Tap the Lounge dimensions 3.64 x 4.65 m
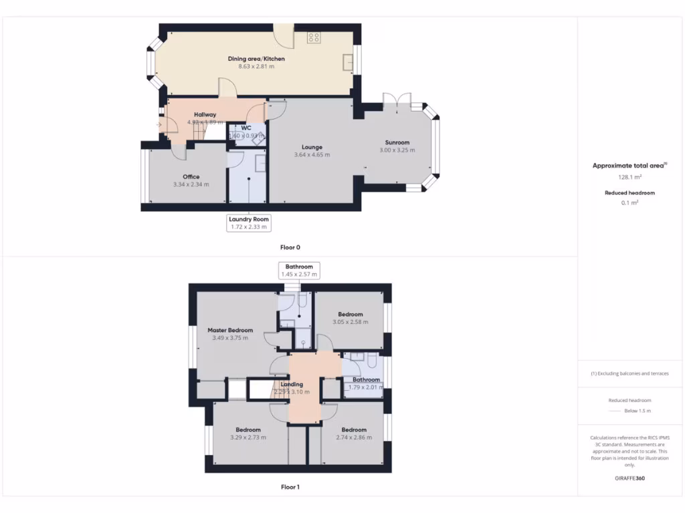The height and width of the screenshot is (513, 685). coord(312,155)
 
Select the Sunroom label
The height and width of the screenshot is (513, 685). coord(397,142)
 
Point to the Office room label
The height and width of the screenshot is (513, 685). coord(191,177)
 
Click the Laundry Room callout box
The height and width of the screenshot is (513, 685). coord(250,223)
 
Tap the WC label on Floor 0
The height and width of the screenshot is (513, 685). coord(246,128)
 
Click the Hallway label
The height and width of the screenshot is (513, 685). coord(205,115)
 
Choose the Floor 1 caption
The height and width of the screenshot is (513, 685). coord(290,487)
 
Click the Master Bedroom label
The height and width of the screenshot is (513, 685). coord(230,330)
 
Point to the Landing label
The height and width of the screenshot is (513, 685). coord(292,384)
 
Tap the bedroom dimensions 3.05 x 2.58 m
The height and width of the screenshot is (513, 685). coord(351,323)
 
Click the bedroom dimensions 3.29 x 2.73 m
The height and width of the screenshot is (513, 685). coord(248,438)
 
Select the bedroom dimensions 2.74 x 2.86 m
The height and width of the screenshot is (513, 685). coord(354,438)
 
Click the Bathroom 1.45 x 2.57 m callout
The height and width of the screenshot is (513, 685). coord(298,271)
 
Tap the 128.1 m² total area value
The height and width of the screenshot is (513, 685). coord(629,178)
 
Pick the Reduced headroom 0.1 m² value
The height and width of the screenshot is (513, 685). coord(629,202)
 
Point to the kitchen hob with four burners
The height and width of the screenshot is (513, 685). coord(314,37)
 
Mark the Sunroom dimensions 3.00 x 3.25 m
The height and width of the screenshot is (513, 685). coord(397,150)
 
